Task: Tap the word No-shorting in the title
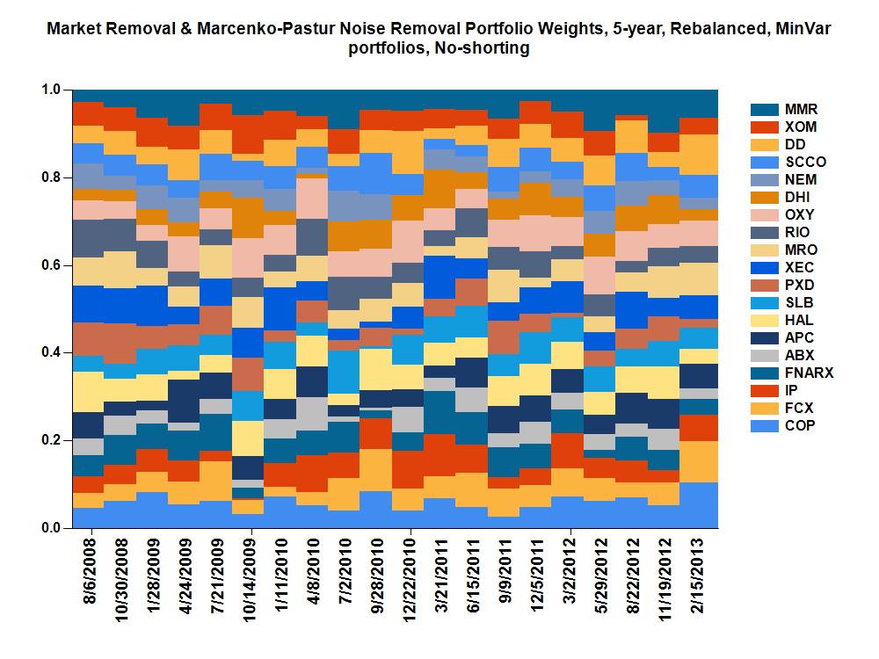(483, 48)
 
